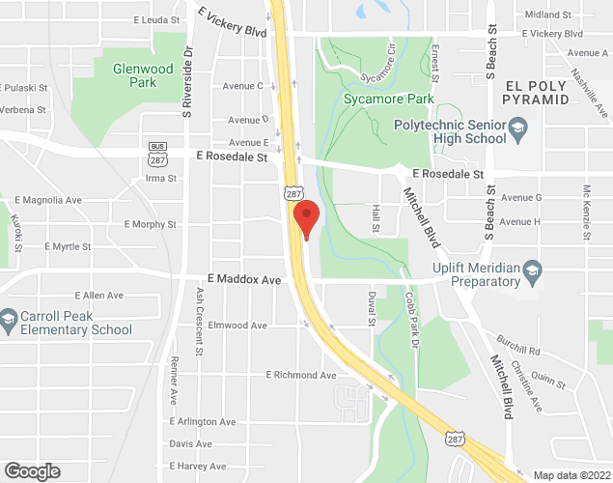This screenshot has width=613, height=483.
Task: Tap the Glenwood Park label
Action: (x=142, y=75)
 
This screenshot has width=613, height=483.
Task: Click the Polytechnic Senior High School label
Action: (x=450, y=131)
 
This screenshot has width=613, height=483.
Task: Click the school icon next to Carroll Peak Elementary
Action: (x=9, y=317)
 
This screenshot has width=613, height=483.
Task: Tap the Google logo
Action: (x=32, y=471)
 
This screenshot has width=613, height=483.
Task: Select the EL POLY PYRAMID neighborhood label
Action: (x=543, y=93)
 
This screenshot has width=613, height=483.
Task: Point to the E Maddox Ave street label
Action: (x=242, y=279)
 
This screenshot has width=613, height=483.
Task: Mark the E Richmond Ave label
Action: (x=301, y=375)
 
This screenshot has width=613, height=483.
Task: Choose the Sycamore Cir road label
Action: (x=377, y=62)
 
